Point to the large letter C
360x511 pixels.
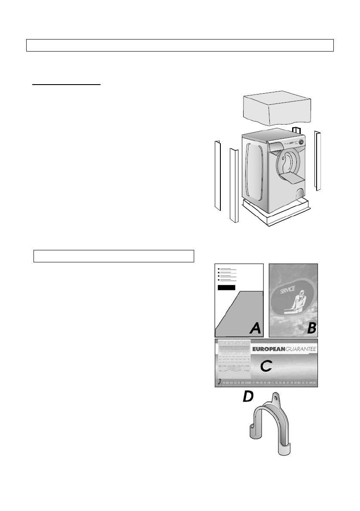266,366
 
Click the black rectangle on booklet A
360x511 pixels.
226,287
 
